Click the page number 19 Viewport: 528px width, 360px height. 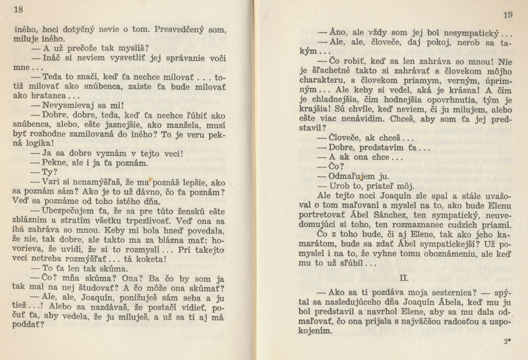[507, 15]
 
